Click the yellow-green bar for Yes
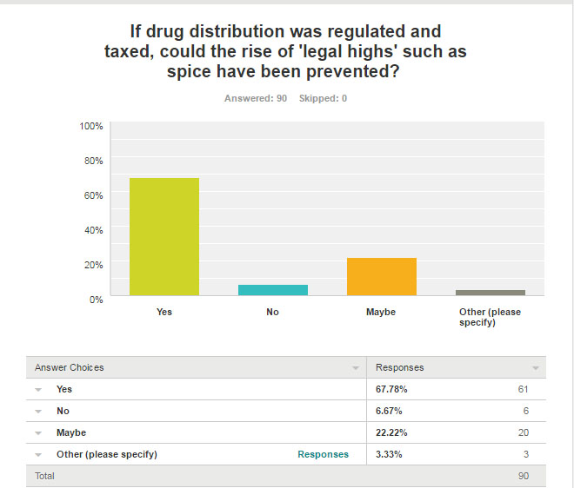click(164, 237)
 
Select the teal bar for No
click(273, 290)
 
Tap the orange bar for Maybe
click(381, 277)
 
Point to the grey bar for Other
click(490, 293)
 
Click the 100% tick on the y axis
click(91, 126)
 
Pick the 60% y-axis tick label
click(94, 195)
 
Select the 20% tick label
click(94, 264)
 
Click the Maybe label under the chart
click(381, 312)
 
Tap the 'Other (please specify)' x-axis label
click(490, 317)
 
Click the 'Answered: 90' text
click(256, 98)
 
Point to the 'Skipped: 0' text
click(323, 98)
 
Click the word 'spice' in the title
click(188, 71)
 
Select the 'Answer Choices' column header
click(70, 367)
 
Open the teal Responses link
click(323, 454)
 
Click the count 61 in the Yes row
click(523, 389)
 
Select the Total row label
click(44, 476)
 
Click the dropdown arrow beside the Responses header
click(535, 368)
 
